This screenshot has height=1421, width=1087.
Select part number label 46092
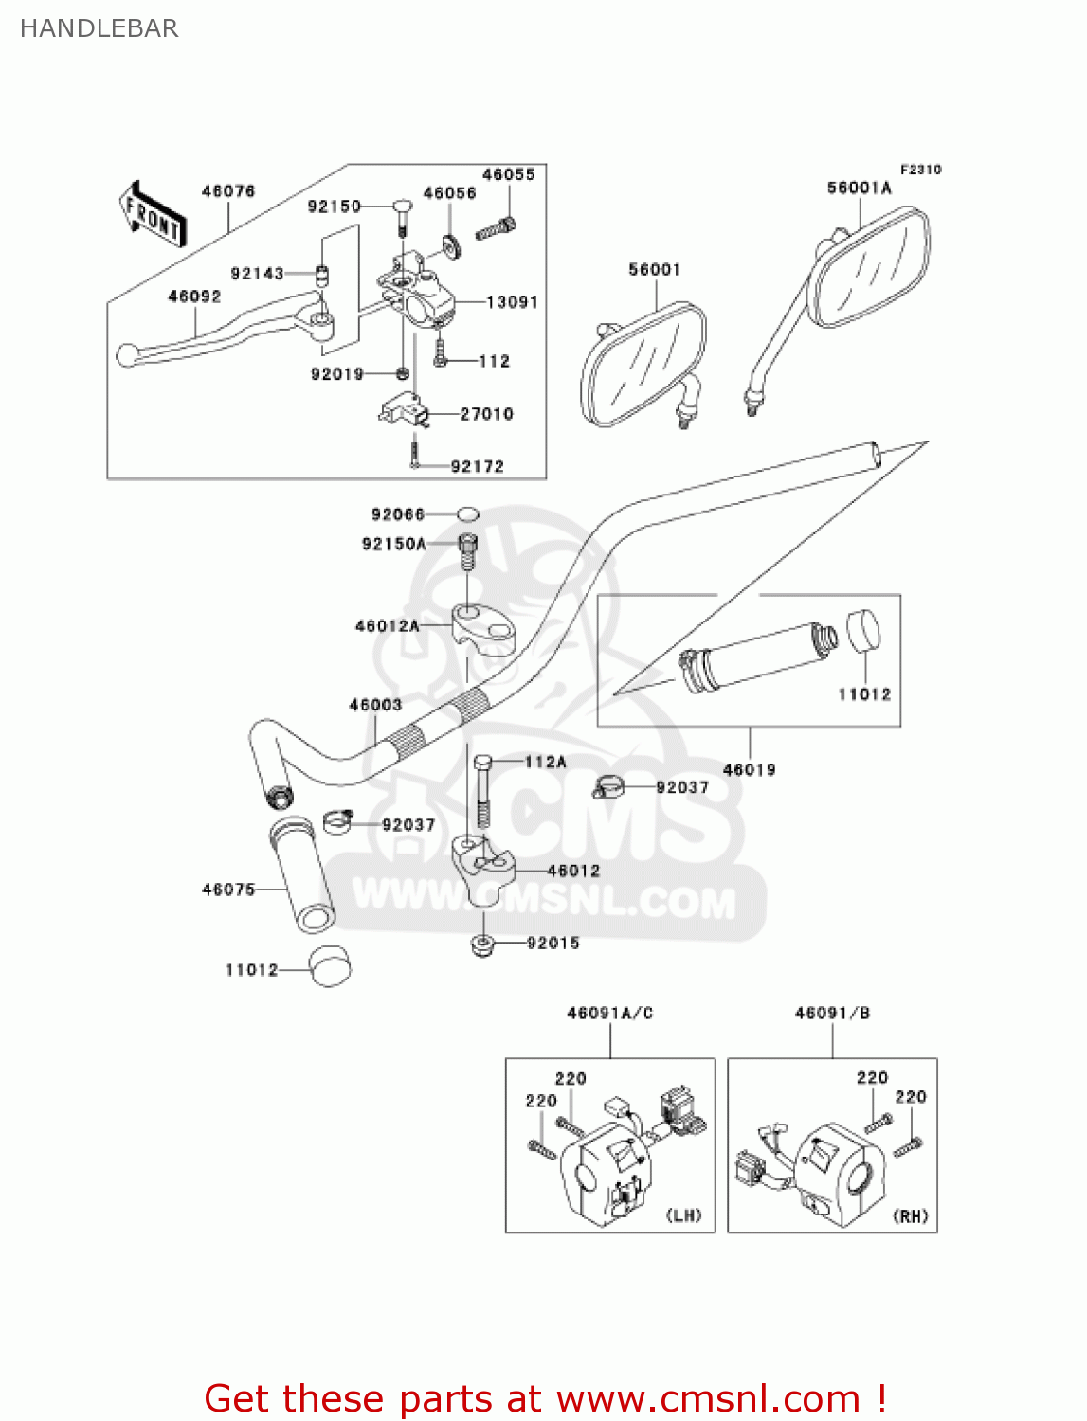[x=194, y=297]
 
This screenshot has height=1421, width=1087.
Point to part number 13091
[x=512, y=302]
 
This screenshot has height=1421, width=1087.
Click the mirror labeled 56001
[x=643, y=365]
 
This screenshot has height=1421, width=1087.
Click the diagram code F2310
[x=920, y=170]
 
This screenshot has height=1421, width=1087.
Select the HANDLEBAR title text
[x=99, y=28]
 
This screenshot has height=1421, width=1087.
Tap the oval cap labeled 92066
[x=467, y=514]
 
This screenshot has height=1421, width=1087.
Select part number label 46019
[x=749, y=770]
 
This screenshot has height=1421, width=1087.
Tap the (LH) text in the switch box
[x=684, y=1215]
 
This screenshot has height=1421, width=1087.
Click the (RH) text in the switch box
[x=911, y=1216]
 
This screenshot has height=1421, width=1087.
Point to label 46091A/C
[x=609, y=1014]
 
